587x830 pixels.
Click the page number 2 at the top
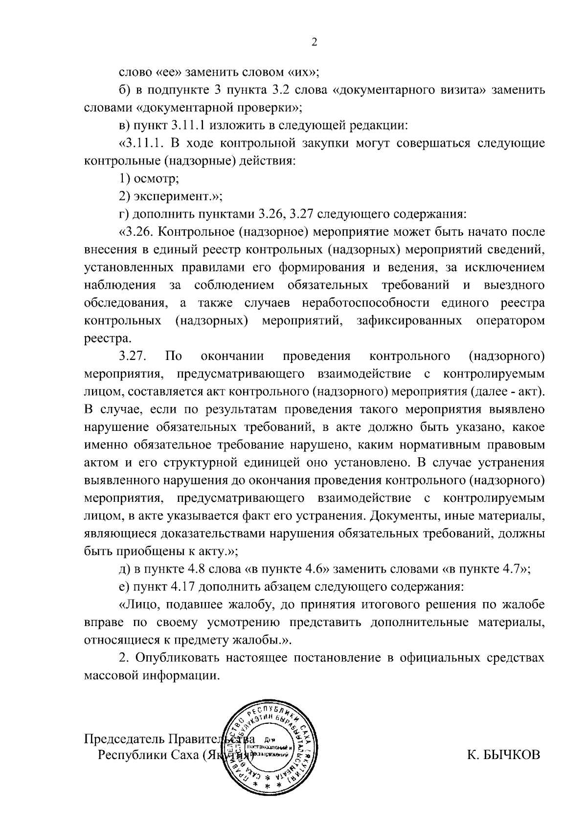click(x=315, y=43)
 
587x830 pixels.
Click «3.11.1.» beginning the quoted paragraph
click(x=144, y=143)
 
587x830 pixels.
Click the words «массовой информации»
click(x=151, y=675)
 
